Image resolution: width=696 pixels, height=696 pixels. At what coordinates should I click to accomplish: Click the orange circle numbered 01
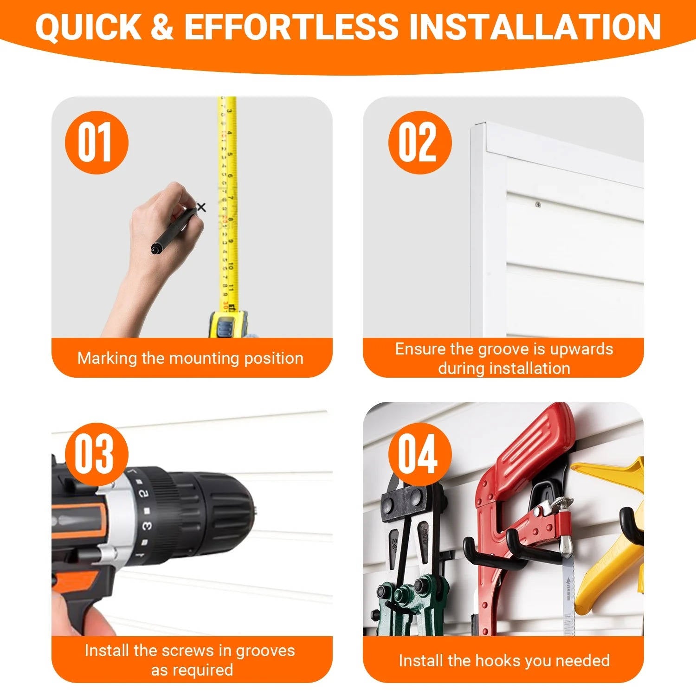tap(96, 142)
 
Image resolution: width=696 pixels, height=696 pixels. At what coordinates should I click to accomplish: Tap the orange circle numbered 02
tap(419, 142)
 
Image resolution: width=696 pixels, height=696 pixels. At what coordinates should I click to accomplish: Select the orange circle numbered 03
tap(96, 454)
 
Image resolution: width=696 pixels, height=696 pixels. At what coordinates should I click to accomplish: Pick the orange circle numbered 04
tap(419, 454)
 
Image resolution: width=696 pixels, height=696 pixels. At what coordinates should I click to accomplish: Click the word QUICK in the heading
tap(88, 27)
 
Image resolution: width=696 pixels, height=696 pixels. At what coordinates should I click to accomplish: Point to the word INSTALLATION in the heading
tap(535, 26)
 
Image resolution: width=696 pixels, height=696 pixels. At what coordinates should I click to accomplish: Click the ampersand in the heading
tap(162, 26)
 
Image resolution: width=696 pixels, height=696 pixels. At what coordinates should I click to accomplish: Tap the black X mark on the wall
tap(201, 207)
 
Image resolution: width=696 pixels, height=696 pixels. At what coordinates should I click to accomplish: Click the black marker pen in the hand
tap(174, 230)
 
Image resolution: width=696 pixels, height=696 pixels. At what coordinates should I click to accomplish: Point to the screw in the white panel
tap(538, 204)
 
